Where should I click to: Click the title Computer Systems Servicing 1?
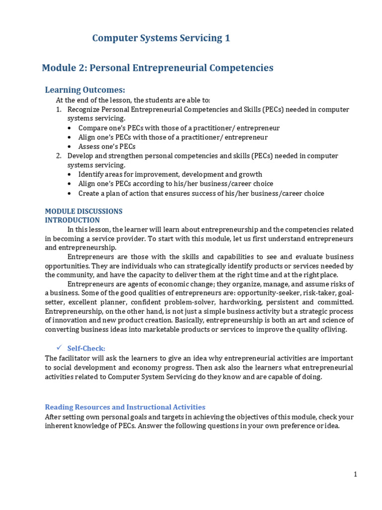tap(161, 38)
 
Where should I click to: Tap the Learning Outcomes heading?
tap(85, 90)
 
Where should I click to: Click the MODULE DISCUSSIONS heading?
tap(84, 211)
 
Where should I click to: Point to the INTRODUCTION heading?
tap(72, 220)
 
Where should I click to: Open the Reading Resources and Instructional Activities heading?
tap(125, 407)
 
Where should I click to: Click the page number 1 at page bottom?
tap(356, 474)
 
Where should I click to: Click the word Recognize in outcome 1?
tap(85, 109)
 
